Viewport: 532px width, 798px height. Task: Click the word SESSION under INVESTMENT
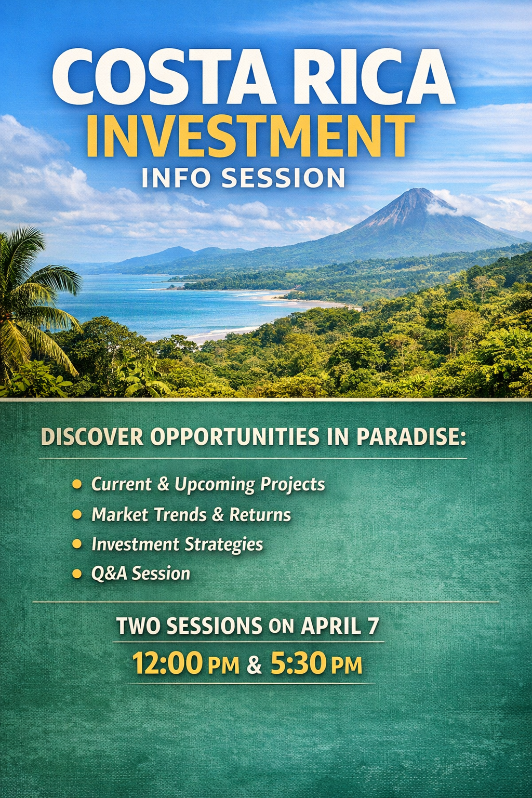(283, 178)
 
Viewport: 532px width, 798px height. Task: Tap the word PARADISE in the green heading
(410, 437)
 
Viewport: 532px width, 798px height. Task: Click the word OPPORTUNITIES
(235, 437)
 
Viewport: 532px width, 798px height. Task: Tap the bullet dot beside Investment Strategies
(77, 544)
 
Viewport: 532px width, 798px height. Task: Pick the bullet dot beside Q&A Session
(77, 574)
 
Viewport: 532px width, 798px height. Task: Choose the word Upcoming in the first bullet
(215, 485)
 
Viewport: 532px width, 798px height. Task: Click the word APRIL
(331, 626)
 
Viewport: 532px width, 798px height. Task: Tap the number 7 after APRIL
(373, 626)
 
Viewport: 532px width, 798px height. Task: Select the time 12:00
(167, 663)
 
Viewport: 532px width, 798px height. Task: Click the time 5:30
(298, 663)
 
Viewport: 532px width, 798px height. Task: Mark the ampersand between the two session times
(254, 665)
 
